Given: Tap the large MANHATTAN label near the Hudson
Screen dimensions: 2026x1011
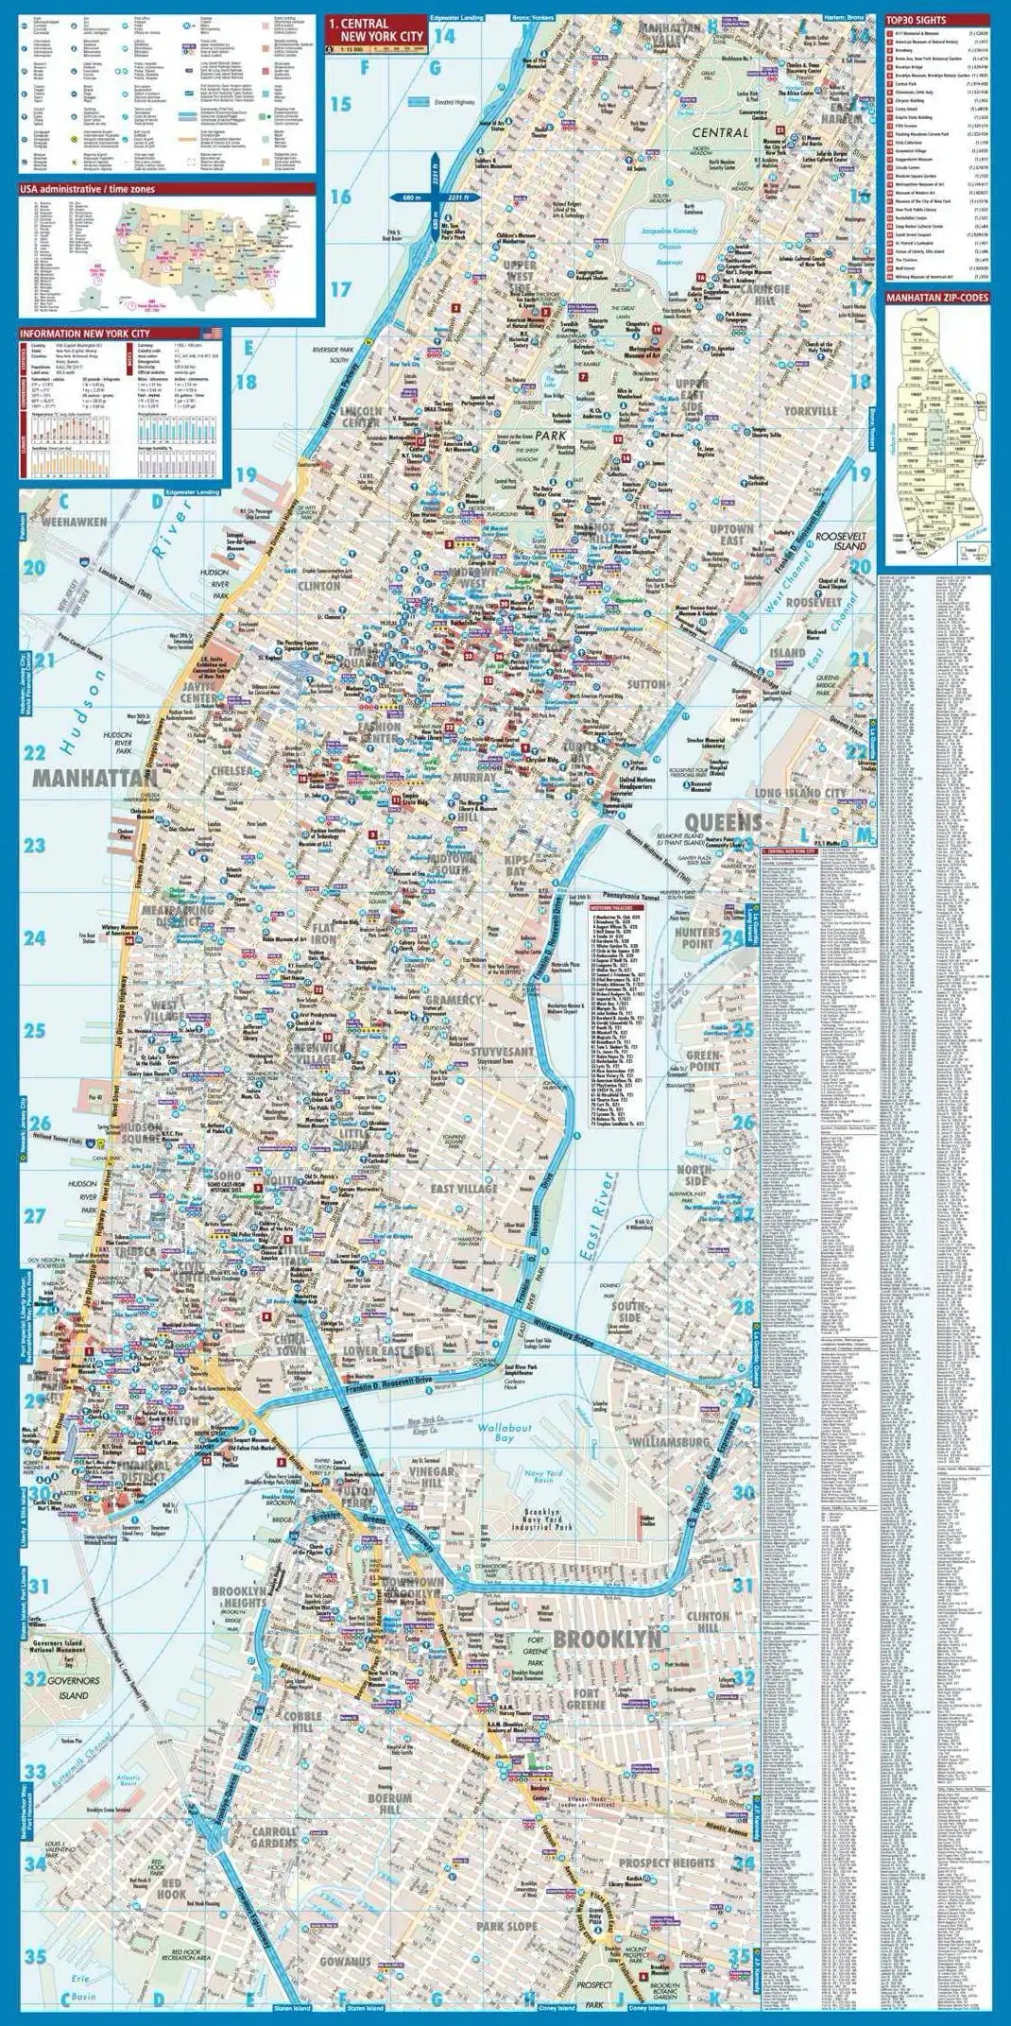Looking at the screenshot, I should (x=94, y=778).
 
